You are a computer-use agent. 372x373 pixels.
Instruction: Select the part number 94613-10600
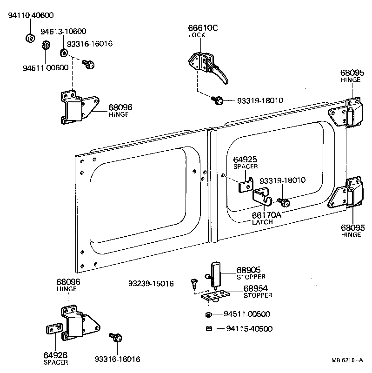[63, 32]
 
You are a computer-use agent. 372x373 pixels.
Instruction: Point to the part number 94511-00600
[46, 67]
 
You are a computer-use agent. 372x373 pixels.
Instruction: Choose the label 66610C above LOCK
[203, 28]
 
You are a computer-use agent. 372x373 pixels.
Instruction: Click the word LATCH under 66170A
[262, 222]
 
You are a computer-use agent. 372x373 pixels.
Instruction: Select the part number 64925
[245, 160]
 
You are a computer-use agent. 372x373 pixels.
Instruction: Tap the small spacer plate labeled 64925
[245, 186]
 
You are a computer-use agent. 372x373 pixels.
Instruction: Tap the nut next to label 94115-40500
[209, 329]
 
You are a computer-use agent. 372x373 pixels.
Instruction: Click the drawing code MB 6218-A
[348, 360]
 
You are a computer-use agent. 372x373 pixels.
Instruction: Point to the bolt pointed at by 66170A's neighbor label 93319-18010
[284, 202]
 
